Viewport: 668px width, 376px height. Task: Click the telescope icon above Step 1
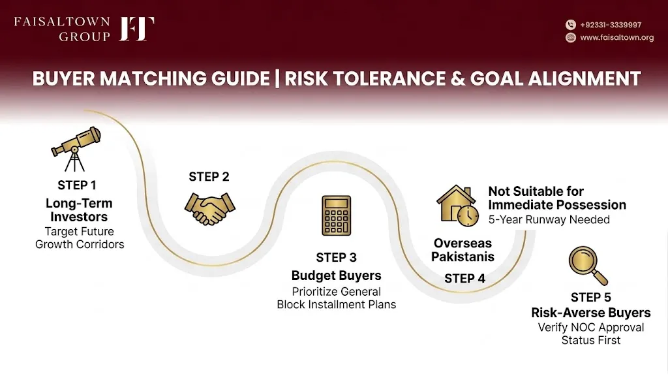[76, 149]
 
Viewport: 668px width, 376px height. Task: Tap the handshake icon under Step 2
[209, 208]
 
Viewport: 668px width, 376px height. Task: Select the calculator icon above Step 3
[336, 215]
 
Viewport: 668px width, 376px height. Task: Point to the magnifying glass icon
[588, 266]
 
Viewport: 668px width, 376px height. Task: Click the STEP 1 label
[77, 185]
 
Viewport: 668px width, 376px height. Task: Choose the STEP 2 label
[209, 177]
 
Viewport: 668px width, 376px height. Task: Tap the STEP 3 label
[336, 257]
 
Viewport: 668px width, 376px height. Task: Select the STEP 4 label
[464, 278]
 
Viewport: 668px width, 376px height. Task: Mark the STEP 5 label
[591, 297]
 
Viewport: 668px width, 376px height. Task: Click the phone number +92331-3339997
[611, 25]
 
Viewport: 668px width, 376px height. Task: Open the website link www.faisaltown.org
[617, 37]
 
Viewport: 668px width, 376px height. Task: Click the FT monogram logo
[136, 29]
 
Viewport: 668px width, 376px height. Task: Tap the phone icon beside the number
[571, 25]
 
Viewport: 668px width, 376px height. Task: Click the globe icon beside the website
[571, 37]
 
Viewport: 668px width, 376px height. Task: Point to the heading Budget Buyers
[336, 276]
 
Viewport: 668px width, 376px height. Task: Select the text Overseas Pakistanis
[463, 250]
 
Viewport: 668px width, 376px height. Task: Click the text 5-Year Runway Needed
[549, 219]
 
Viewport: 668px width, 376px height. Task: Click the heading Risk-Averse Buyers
[591, 313]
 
